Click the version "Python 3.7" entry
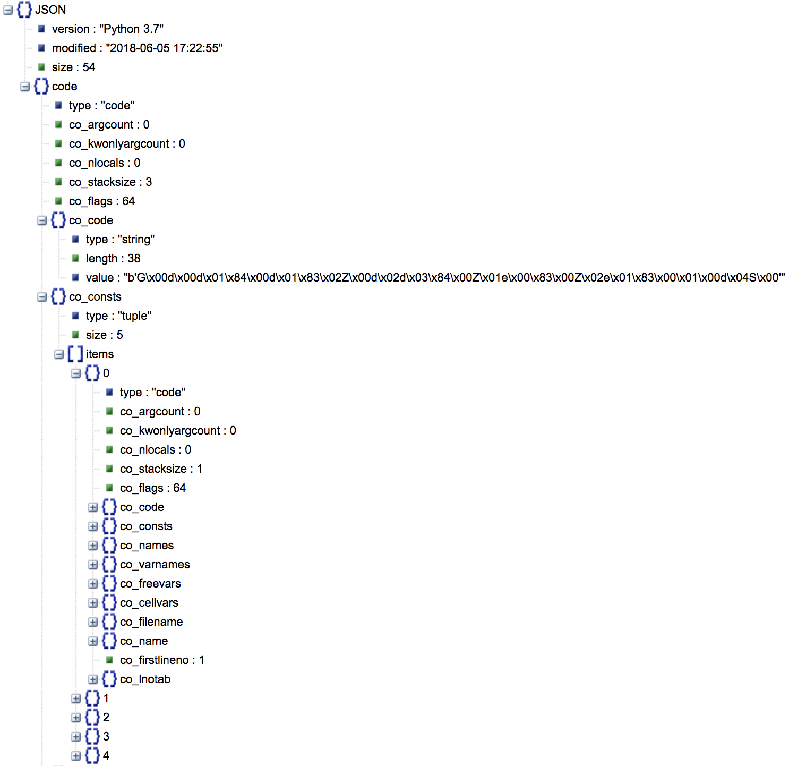[107, 29]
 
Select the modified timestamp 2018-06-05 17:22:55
[137, 48]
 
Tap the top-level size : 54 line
[73, 67]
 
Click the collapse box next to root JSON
[8, 10]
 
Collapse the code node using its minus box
[25, 87]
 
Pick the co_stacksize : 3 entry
[110, 182]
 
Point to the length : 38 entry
[113, 259]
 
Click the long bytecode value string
[435, 278]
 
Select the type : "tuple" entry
[118, 316]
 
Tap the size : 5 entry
[104, 335]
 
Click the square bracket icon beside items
[75, 354]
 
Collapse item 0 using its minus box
[76, 373]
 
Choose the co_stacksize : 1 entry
[161, 469]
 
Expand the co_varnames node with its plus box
[93, 565]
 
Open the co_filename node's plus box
[93, 622]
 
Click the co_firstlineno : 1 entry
[162, 660]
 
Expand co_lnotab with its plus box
[93, 679]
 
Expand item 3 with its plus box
[76, 737]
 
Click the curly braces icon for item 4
[92, 756]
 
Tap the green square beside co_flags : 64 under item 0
[109, 488]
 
